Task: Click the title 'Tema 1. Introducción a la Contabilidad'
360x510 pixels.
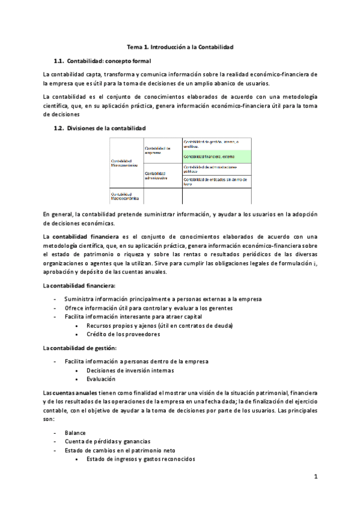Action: [x=180, y=46]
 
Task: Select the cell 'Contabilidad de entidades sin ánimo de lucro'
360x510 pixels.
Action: [x=216, y=182]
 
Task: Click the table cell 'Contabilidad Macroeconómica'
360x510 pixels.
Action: [x=125, y=196]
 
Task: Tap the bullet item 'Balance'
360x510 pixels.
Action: [x=75, y=432]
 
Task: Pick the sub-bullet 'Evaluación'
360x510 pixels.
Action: [x=101, y=379]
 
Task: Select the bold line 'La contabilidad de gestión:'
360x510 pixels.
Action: [x=80, y=348]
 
